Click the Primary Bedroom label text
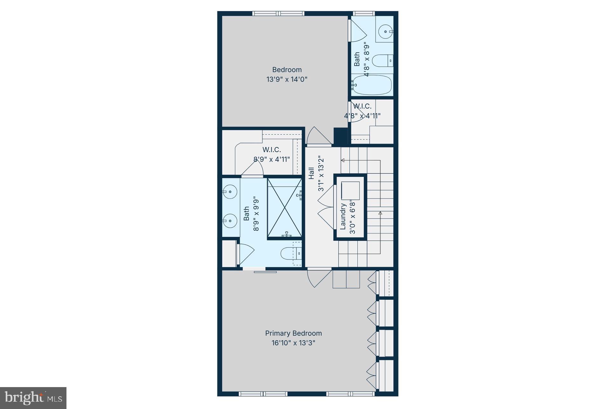293,333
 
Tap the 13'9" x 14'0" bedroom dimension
287,79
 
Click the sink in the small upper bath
385,31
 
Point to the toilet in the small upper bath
382,60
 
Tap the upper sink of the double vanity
230,192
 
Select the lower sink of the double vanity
230,221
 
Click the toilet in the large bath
290,253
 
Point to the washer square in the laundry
350,191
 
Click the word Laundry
343,217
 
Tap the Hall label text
311,173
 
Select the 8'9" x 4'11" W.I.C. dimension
272,159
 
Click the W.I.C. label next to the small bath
362,106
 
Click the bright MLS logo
33,398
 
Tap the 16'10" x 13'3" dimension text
293,343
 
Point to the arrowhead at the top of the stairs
343,160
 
